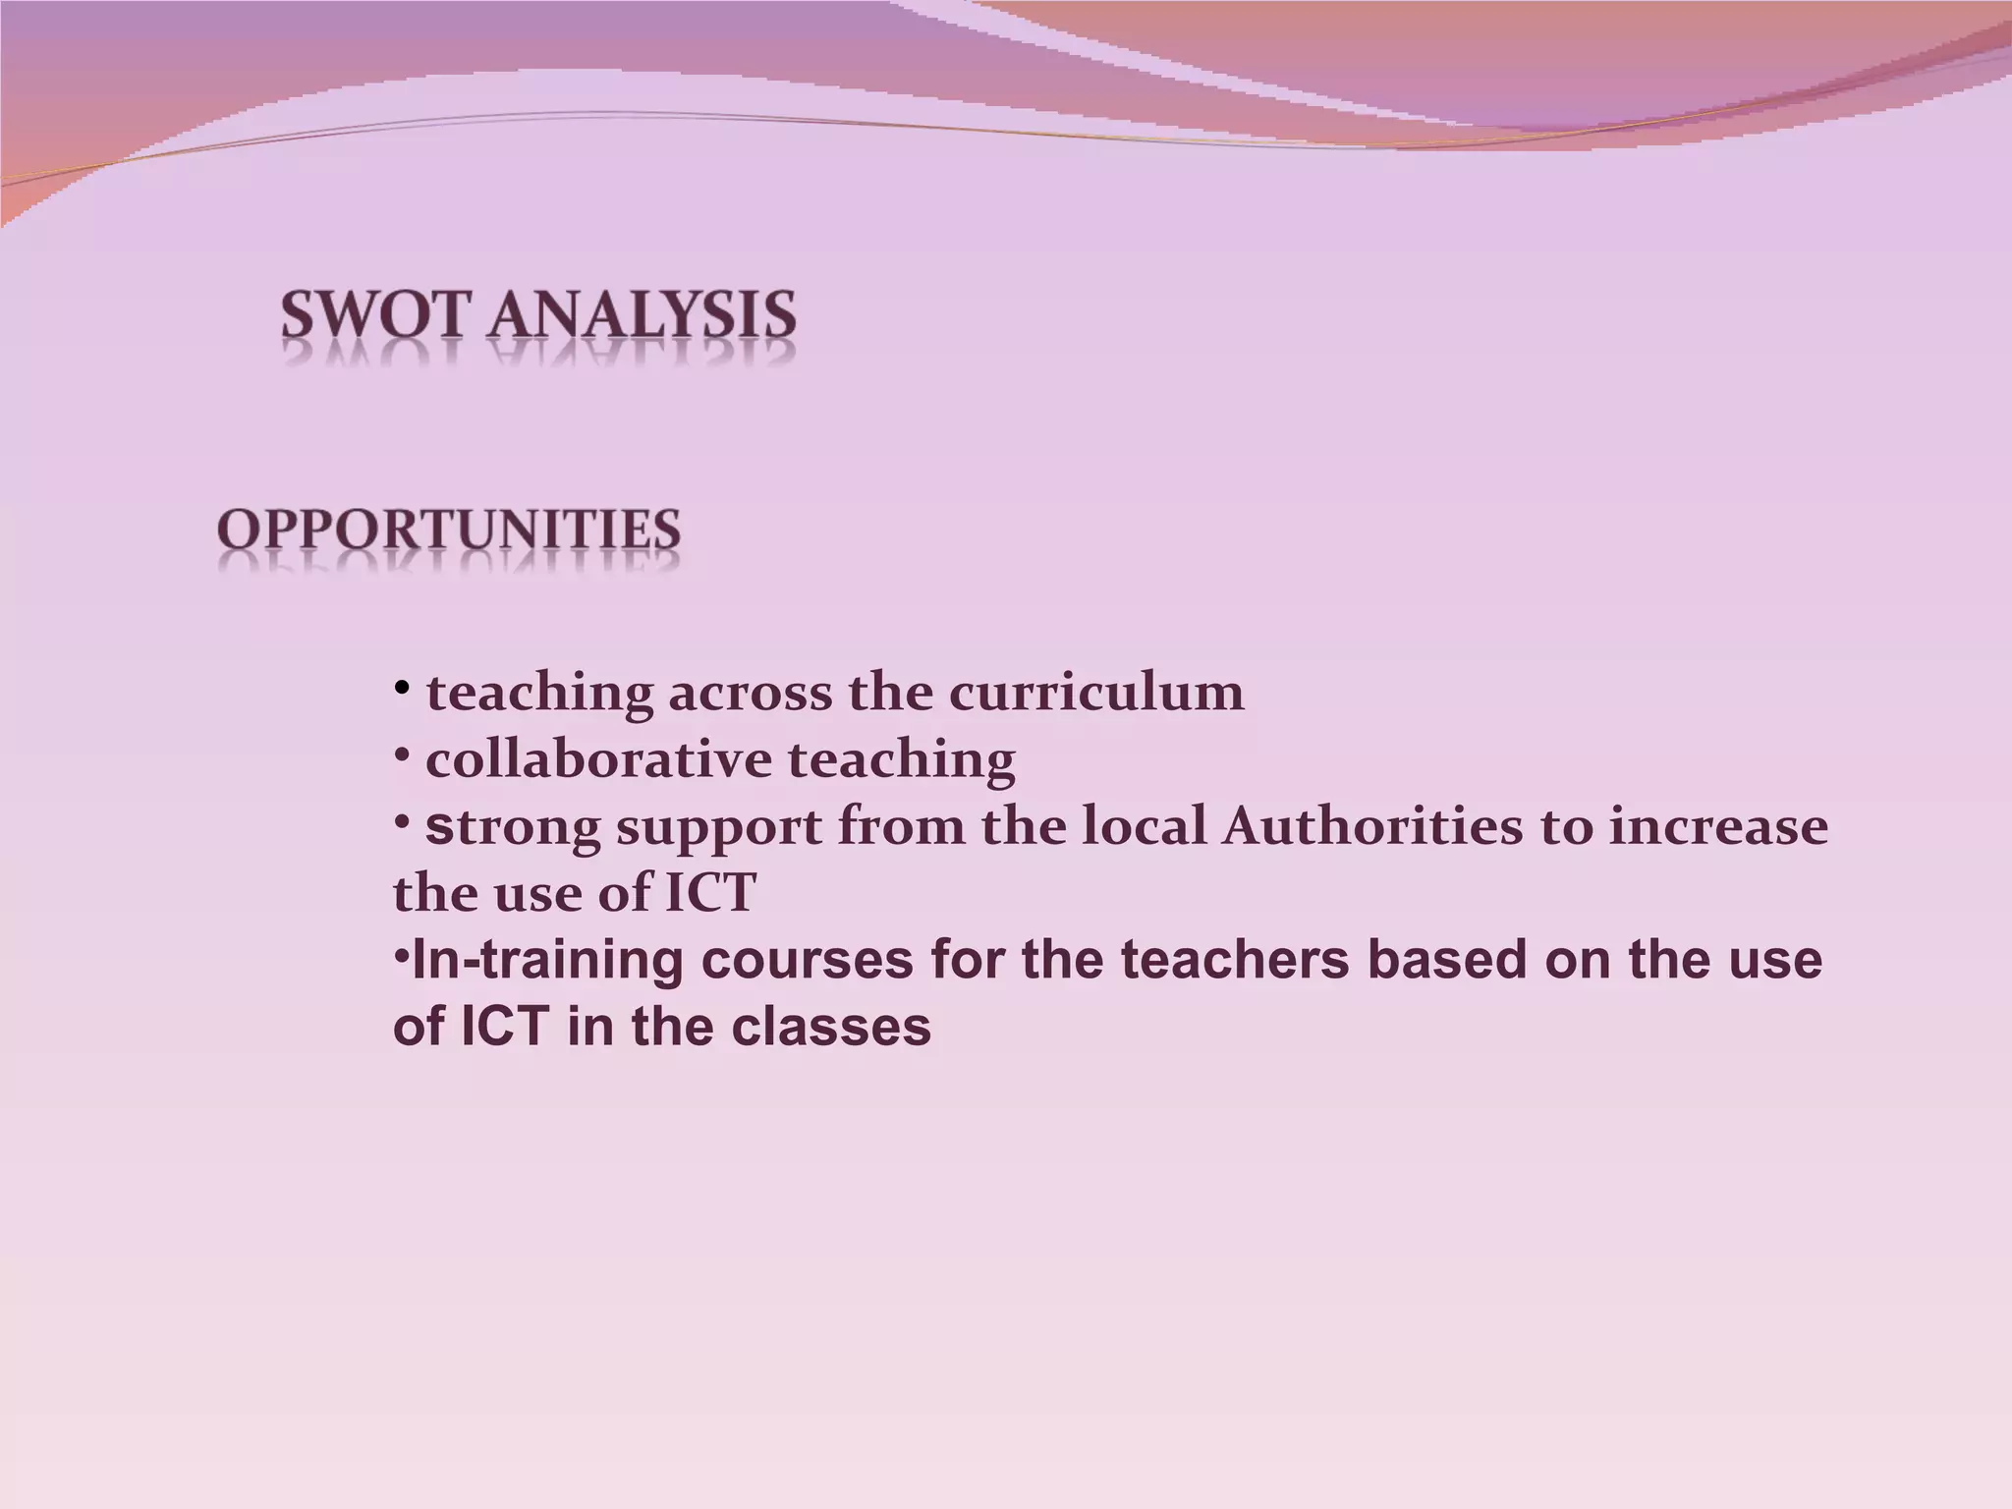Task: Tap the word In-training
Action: pos(548,960)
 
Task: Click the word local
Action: pos(1145,826)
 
